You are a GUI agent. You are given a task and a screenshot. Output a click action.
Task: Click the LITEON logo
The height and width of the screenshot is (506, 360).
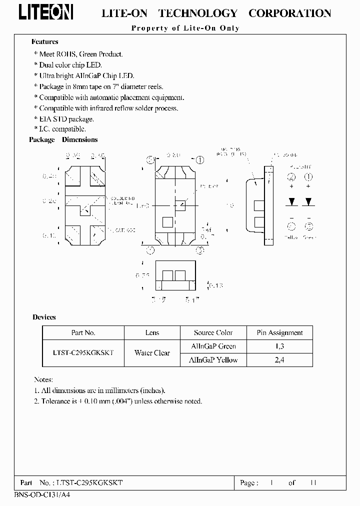coord(46,12)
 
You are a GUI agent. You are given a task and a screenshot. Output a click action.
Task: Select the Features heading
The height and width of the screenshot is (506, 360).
coord(45,42)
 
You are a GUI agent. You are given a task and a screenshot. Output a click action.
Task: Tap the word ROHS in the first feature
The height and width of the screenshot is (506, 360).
coord(72,54)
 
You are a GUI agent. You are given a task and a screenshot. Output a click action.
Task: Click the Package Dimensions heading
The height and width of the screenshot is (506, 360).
coord(63,140)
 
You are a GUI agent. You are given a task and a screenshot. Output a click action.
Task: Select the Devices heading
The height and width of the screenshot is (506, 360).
coord(44,317)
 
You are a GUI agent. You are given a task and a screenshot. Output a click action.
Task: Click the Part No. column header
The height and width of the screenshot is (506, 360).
coord(83,332)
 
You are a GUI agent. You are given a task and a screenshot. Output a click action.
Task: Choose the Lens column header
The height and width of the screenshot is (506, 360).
coord(152,332)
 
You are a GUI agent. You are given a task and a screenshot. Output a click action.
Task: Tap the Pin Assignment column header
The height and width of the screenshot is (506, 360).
coord(279,332)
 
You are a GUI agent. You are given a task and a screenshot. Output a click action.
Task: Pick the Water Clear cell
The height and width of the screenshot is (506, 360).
coord(152,353)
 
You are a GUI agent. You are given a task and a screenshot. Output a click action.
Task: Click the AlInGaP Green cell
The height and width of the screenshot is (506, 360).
coord(213,346)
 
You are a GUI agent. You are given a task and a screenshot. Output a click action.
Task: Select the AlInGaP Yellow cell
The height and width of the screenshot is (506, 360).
coord(213,360)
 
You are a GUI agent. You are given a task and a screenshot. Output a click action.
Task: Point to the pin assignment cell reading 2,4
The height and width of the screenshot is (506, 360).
coord(279,360)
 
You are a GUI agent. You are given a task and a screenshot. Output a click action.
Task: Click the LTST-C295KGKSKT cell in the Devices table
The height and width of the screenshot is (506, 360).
coord(83,353)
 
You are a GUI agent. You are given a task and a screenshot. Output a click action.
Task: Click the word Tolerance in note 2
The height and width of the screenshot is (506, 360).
coord(56,401)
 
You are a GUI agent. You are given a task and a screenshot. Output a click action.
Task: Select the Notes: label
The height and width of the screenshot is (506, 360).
coord(43,380)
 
